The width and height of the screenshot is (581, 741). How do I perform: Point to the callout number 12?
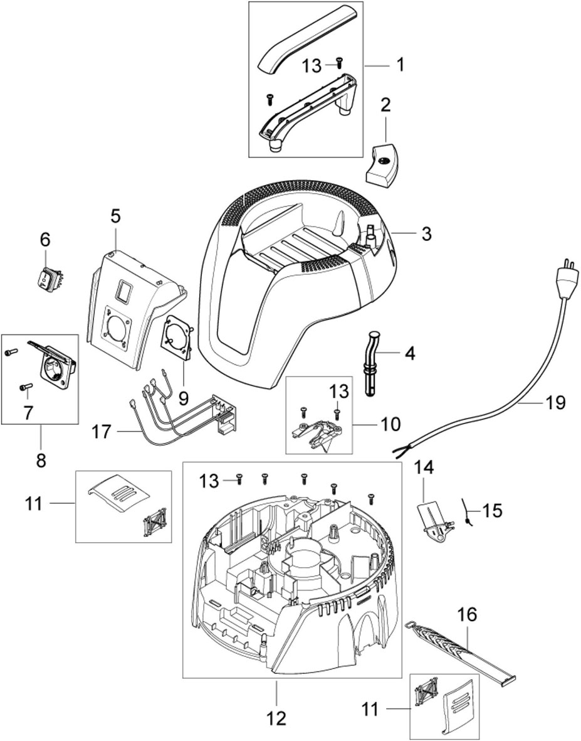click(276, 717)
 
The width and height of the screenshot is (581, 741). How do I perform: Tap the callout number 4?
click(409, 353)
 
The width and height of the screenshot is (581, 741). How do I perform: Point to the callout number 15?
click(493, 510)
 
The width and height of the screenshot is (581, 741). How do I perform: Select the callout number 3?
click(426, 234)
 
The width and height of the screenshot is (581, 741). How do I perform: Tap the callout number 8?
click(41, 460)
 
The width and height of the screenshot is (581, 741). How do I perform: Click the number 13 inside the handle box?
click(312, 65)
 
